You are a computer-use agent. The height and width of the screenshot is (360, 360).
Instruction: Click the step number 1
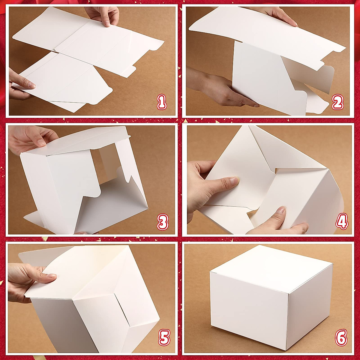(x=162, y=102)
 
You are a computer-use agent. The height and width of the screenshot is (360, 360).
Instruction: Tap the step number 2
(x=337, y=103)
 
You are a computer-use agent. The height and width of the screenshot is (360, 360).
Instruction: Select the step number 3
(x=162, y=223)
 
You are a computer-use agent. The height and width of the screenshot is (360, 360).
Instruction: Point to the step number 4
(x=342, y=221)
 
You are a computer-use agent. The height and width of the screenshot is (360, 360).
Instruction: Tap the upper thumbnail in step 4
(x=233, y=181)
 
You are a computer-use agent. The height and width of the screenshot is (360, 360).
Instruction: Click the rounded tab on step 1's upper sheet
(x=156, y=45)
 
